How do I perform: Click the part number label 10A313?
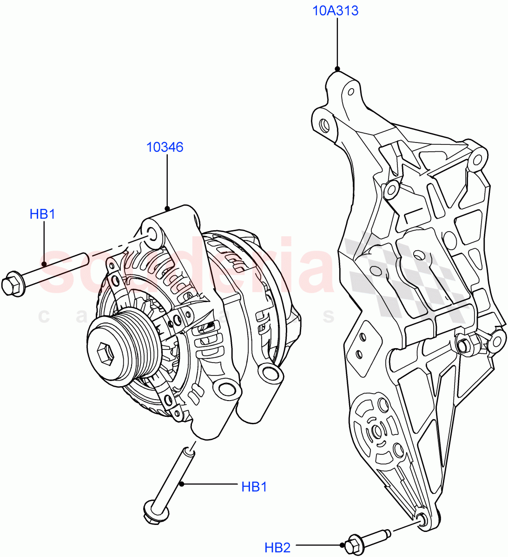pos(335,10)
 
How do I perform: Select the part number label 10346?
pos(165,147)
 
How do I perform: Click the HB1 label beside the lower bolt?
pos(254,486)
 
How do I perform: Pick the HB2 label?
pos(277,548)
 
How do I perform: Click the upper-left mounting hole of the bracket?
pos(324,124)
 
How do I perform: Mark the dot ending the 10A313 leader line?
pos(337,69)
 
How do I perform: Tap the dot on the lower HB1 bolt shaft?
pos(182,484)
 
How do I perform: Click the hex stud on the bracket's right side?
pos(463,345)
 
